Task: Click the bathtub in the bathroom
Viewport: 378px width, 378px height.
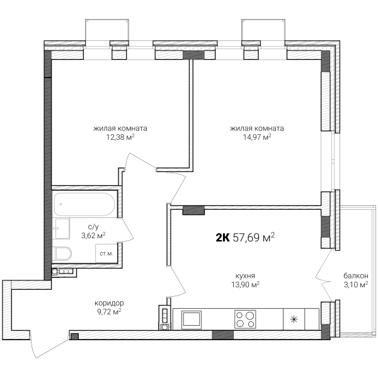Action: (84, 204)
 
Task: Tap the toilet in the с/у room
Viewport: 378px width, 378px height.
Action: (62, 254)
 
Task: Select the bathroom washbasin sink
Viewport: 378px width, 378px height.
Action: (62, 229)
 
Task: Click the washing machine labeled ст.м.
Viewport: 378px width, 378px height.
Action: (106, 253)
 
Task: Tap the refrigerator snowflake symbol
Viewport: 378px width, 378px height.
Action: (294, 319)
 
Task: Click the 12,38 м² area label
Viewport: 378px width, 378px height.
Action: (120, 137)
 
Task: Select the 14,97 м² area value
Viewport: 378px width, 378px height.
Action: (257, 137)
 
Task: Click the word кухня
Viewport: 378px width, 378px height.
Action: (245, 275)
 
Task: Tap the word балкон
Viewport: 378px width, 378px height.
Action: (356, 275)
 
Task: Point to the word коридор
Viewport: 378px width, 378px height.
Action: (109, 303)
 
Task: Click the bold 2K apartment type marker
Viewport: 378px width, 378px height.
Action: (222, 238)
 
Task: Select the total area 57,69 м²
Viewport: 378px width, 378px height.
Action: (254, 238)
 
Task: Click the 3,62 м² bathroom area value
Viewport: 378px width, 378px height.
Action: (93, 235)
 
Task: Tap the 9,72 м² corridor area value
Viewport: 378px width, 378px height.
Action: (109, 312)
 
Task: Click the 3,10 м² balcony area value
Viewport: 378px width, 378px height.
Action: (356, 285)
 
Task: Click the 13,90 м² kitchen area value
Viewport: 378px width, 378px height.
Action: (246, 285)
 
